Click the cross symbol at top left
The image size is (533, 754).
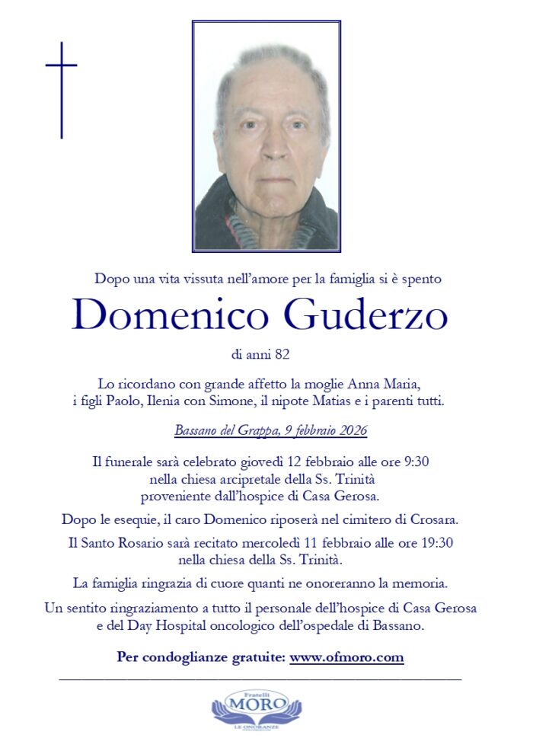tap(61, 89)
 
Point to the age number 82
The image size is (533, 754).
tap(282, 354)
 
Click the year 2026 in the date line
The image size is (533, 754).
tap(350, 431)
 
